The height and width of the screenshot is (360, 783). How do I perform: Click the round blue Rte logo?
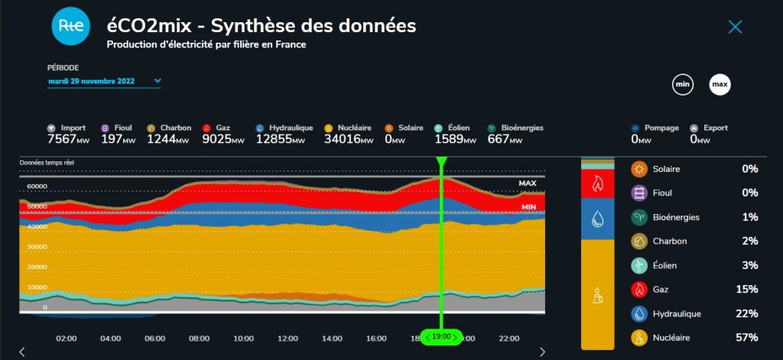click(71, 27)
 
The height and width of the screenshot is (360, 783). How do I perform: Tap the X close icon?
click(735, 27)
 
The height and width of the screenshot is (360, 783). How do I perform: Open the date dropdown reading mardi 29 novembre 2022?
click(104, 81)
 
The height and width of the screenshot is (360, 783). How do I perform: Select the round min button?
click(683, 85)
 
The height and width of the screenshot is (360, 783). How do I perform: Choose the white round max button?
click(720, 85)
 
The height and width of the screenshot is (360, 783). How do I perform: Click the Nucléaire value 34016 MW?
click(349, 139)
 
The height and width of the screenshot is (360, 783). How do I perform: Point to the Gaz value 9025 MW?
click(223, 139)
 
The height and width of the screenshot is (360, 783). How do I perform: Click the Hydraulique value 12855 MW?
click(281, 139)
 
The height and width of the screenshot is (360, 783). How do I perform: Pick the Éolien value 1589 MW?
click(456, 139)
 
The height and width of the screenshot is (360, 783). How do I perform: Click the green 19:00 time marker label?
click(441, 337)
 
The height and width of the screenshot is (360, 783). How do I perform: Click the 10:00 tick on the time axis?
click(244, 339)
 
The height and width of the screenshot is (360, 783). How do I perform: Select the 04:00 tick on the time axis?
click(110, 339)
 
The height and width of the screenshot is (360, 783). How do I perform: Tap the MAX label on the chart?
click(528, 183)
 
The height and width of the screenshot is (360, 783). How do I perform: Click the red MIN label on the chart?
click(529, 206)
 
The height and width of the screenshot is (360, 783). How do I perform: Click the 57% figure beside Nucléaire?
click(747, 338)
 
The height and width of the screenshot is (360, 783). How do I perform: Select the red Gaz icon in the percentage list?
click(639, 290)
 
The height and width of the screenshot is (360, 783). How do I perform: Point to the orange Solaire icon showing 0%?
click(639, 169)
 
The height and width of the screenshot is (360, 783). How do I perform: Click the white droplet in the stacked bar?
click(597, 219)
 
